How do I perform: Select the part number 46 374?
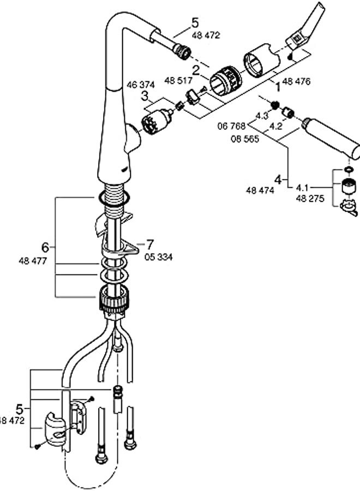[x=141, y=85]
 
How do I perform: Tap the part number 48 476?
[x=297, y=82]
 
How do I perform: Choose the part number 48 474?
[x=260, y=190]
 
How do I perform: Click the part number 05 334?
[x=158, y=257]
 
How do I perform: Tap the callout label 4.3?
[x=262, y=116]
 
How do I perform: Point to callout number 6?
[x=45, y=247]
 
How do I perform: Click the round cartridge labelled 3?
[x=154, y=120]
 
